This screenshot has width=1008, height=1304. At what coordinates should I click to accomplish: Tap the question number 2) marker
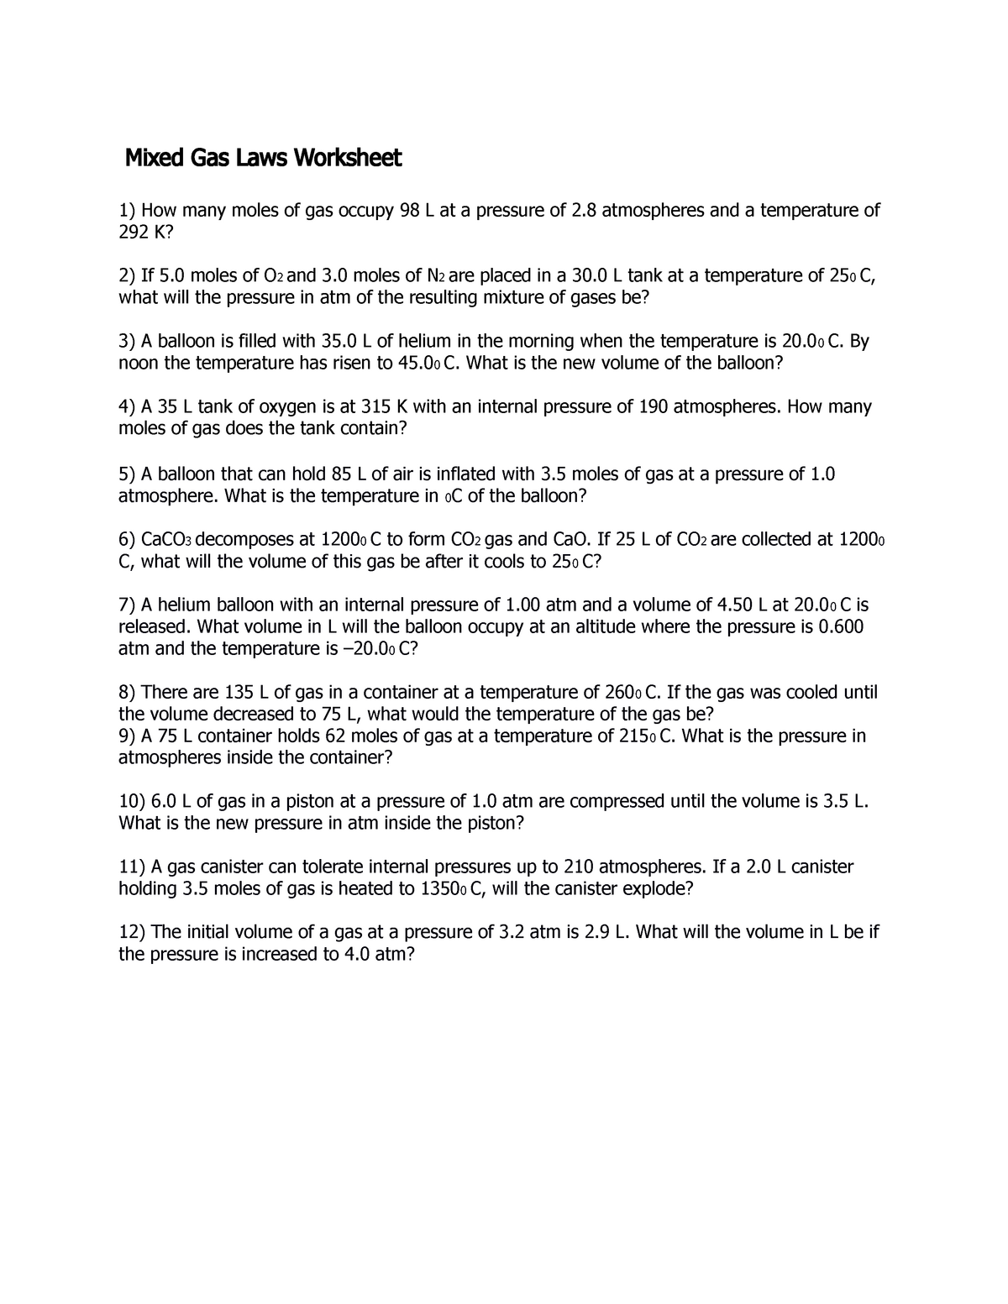click(x=127, y=276)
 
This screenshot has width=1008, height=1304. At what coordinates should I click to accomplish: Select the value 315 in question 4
click(x=375, y=407)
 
